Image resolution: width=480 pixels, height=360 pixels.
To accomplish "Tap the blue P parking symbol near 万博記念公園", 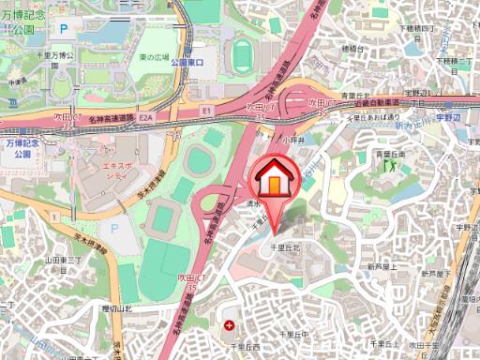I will (x=64, y=30).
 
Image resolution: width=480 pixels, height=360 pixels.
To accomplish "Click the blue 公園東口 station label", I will (x=187, y=62).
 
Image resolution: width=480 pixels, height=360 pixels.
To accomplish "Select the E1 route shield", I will (x=207, y=110).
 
